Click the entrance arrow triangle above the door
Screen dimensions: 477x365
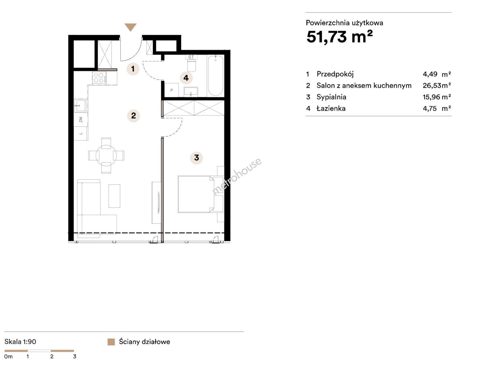click(x=130, y=27)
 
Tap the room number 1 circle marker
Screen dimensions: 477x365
click(x=133, y=69)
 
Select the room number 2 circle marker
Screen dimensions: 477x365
click(x=134, y=116)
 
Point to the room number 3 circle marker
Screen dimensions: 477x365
click(x=196, y=157)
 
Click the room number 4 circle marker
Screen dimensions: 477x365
click(x=186, y=78)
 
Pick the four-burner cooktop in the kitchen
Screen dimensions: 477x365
click(x=99, y=78)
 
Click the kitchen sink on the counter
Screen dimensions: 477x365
click(x=80, y=106)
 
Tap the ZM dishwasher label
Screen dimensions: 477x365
click(x=81, y=119)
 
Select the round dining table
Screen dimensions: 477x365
click(x=106, y=155)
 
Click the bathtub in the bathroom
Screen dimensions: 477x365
click(x=216, y=76)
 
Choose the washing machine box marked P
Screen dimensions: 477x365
click(x=172, y=90)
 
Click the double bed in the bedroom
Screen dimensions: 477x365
click(x=195, y=194)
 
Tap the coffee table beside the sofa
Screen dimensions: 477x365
click(x=114, y=196)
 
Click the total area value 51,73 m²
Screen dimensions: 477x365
click(x=339, y=36)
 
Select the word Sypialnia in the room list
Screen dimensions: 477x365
click(x=331, y=97)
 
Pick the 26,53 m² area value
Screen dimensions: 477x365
click(x=436, y=86)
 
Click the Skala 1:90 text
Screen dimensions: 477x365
click(x=20, y=342)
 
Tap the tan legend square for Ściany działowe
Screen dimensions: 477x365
click(x=111, y=342)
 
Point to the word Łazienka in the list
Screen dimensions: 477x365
click(x=331, y=108)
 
